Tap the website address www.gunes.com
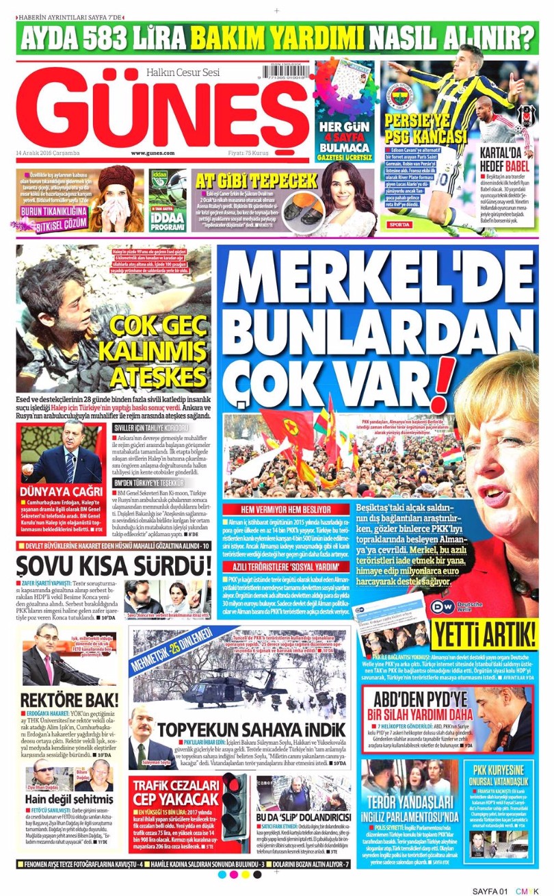(x=153, y=153)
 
